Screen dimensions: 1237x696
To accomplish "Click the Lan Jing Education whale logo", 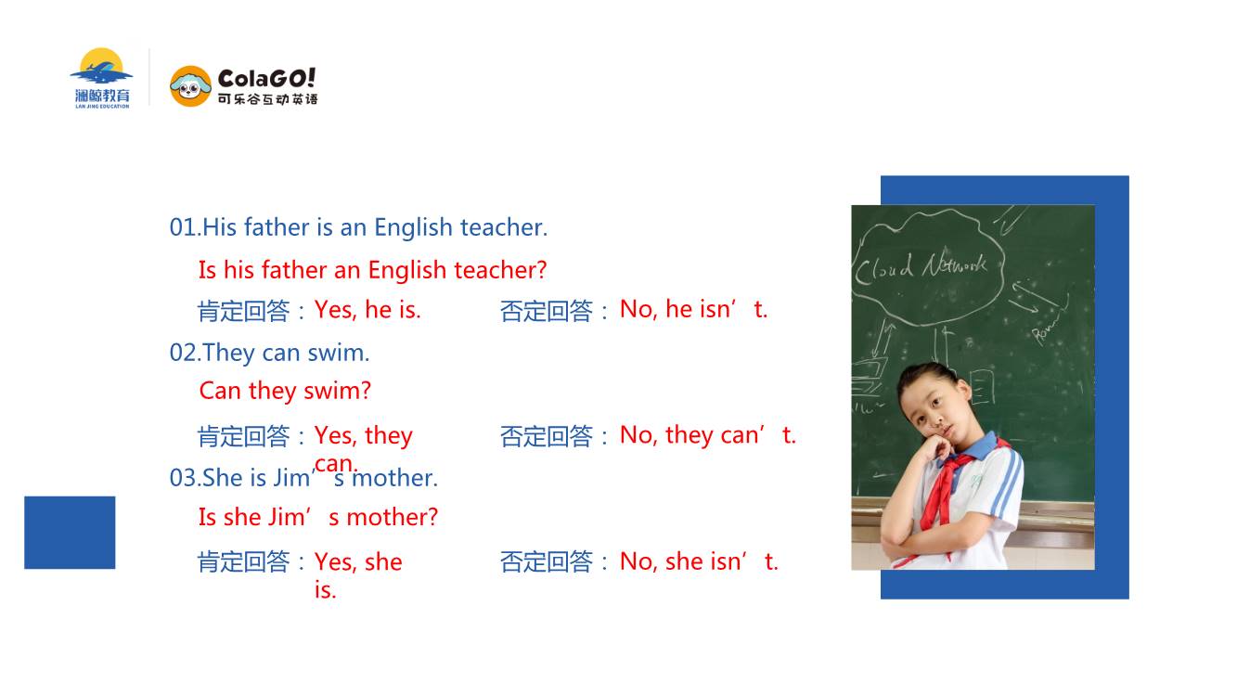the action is (x=101, y=78).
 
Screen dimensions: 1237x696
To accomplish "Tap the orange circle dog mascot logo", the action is (x=190, y=86).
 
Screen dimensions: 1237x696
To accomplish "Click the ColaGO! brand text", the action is (x=266, y=79).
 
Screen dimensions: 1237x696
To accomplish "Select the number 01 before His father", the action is (x=183, y=227).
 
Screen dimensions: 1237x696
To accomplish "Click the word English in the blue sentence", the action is (x=414, y=227).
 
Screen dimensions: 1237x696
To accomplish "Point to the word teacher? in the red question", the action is (x=500, y=270).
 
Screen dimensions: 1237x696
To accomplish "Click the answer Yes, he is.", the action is (x=367, y=310).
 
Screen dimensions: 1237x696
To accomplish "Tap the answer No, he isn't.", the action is (x=693, y=309).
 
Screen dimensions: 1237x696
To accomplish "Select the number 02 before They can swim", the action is (x=184, y=353).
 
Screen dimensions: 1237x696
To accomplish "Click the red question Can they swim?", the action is (x=285, y=391).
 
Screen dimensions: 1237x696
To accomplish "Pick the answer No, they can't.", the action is (x=708, y=435).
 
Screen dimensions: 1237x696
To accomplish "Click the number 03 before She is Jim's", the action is (x=184, y=478).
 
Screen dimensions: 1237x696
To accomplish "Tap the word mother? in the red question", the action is (x=393, y=518).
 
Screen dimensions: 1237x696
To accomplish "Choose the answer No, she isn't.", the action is (x=699, y=561).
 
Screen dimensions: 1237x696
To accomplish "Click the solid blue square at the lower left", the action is (x=70, y=533).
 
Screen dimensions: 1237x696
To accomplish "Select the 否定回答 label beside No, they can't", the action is (x=547, y=436).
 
